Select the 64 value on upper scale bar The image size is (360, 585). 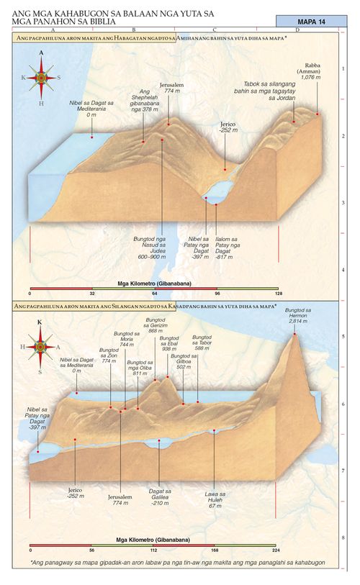pyautogui.click(x=153, y=294)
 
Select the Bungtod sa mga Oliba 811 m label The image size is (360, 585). pyautogui.click(x=139, y=368)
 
